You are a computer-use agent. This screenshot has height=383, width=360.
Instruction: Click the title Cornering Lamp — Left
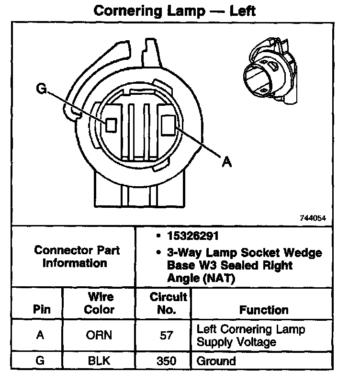[174, 11]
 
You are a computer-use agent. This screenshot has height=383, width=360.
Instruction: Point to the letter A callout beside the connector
[227, 162]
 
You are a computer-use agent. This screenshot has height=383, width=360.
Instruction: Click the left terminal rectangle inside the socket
[112, 124]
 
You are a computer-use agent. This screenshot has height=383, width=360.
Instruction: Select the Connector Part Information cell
[77, 257]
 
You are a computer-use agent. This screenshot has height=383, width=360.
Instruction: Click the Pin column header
[41, 309]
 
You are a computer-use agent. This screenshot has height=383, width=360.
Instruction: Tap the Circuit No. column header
[166, 303]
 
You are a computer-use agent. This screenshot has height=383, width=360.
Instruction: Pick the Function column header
[264, 310]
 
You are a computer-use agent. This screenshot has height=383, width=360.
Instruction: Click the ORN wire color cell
[99, 336]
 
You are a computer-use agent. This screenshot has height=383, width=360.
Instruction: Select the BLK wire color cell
[99, 360]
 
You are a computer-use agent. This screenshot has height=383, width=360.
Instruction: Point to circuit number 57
[166, 336]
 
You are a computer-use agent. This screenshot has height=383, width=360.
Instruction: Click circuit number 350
[166, 360]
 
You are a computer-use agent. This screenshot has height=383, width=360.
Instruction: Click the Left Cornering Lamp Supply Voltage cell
[251, 336]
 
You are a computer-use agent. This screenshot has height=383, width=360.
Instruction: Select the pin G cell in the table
[41, 360]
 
